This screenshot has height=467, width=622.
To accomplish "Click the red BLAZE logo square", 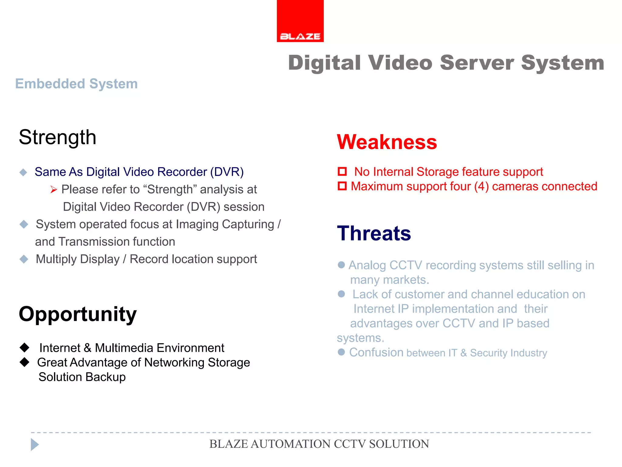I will [300, 21].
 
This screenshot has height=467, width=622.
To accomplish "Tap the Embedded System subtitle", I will [77, 84].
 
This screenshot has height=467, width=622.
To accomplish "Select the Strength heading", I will [57, 137].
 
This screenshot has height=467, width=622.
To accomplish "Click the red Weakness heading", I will [387, 142].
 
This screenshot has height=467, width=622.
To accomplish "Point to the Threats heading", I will [374, 233].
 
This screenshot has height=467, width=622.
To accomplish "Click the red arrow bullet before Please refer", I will [54, 190].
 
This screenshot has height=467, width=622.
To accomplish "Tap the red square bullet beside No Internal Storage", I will [342, 171].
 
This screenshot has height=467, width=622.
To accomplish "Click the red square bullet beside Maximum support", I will [342, 186].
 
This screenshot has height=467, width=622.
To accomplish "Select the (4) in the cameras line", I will [481, 186].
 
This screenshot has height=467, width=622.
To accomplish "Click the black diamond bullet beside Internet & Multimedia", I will [24, 347].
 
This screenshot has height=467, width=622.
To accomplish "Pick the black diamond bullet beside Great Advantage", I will [24, 362].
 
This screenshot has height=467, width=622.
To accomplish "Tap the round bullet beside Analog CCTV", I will [341, 265].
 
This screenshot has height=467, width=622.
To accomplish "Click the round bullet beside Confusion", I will [341, 352].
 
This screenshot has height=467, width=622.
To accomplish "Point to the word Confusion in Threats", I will [376, 352].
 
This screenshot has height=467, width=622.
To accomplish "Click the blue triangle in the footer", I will [35, 445].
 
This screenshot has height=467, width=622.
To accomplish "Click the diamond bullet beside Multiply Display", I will [24, 259].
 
